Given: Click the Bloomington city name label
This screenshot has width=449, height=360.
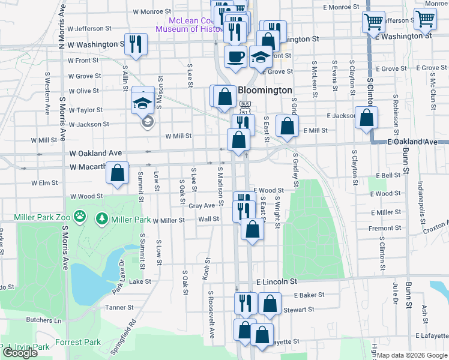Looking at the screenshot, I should click(x=265, y=90).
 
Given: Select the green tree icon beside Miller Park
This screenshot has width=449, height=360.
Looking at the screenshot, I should click(x=101, y=216).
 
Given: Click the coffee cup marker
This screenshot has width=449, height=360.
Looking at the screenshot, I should click(x=235, y=56).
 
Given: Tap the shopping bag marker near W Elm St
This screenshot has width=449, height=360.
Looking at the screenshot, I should click(x=118, y=173).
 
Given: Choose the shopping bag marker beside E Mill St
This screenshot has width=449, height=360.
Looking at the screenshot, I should click(x=288, y=126).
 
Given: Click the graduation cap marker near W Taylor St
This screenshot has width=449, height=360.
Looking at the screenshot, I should click(x=143, y=101).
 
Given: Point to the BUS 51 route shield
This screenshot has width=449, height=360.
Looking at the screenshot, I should click(x=244, y=111).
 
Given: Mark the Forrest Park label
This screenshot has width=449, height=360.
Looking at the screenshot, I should click(x=78, y=343).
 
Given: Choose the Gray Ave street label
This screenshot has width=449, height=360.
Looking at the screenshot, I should click(x=202, y=206).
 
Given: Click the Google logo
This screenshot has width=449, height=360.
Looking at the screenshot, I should click(x=19, y=353).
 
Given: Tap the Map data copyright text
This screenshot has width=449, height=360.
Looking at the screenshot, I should click(x=412, y=355).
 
